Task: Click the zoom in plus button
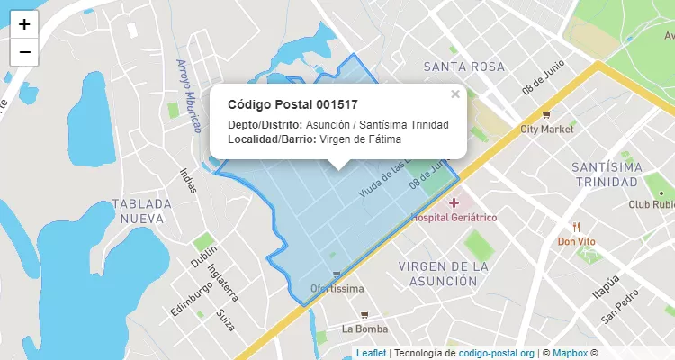(x=24, y=24)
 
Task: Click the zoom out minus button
(x=24, y=52)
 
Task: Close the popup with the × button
(x=455, y=94)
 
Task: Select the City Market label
(x=546, y=129)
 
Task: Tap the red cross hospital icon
(x=454, y=202)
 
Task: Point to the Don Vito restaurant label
(x=577, y=240)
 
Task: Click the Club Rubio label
(x=652, y=204)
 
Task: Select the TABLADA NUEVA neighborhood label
(x=138, y=211)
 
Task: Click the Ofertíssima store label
(x=337, y=289)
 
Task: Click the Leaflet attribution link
(x=371, y=353)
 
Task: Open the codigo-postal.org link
(x=496, y=353)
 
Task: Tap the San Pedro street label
(x=620, y=306)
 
